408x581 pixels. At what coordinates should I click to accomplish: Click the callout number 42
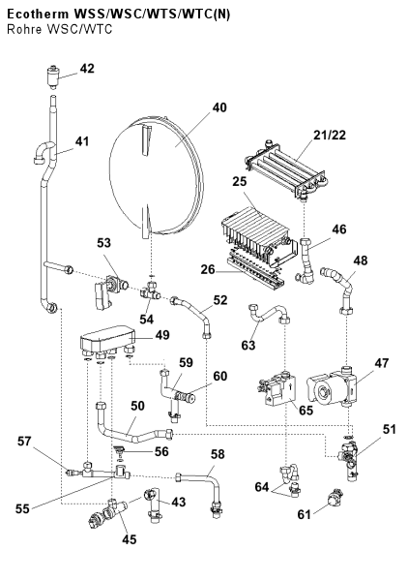(x=87, y=69)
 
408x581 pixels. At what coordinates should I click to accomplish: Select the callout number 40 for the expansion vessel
(x=219, y=107)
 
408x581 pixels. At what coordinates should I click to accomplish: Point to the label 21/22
(x=330, y=136)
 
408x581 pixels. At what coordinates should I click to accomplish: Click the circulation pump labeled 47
(x=332, y=387)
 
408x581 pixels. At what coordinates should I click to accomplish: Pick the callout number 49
(x=162, y=335)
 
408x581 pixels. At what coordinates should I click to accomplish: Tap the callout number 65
(x=306, y=411)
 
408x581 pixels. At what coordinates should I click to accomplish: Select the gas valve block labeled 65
(x=278, y=388)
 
